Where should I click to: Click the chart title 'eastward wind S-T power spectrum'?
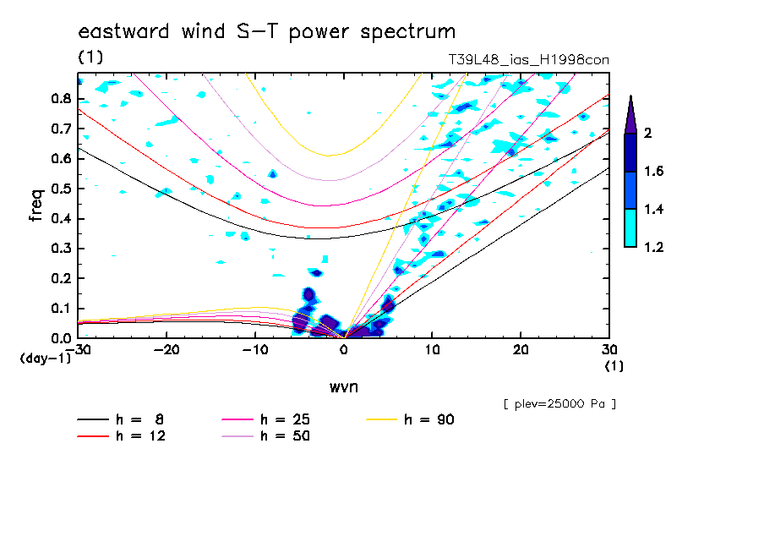pyautogui.click(x=267, y=32)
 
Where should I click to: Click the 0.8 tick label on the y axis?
pyautogui.click(x=59, y=98)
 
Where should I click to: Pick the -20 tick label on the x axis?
pyautogui.click(x=166, y=351)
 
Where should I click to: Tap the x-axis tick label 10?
pyautogui.click(x=432, y=351)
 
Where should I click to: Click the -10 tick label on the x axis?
pyautogui.click(x=254, y=351)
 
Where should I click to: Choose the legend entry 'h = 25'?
pyautogui.click(x=286, y=419)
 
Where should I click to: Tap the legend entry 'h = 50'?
pyautogui.click(x=286, y=436)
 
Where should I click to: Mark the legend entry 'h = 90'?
pyautogui.click(x=430, y=419)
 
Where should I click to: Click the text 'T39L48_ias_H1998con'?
pyautogui.click(x=528, y=59)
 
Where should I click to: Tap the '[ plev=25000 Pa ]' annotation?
pyautogui.click(x=559, y=404)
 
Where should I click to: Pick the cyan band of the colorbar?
pyautogui.click(x=630, y=227)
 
